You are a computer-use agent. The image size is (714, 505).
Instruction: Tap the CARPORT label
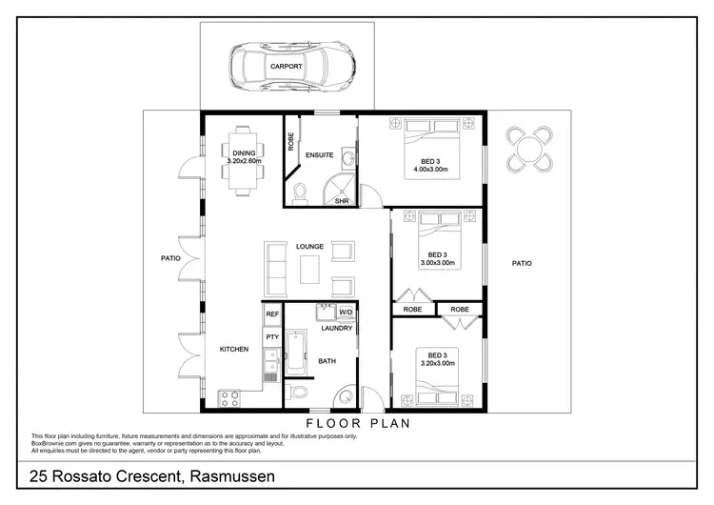click(288, 67)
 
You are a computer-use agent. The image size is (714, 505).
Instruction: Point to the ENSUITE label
click(319, 154)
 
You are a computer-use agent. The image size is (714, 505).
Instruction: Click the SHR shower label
click(342, 201)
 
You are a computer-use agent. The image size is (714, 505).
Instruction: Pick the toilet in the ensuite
click(301, 193)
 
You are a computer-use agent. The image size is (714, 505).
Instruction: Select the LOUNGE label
click(310, 247)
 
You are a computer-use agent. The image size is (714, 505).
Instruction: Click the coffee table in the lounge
click(310, 271)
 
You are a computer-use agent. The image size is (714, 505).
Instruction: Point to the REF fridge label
click(271, 313)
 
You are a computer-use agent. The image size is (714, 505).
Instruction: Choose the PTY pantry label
click(271, 336)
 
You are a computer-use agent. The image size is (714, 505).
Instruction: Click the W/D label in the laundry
click(346, 313)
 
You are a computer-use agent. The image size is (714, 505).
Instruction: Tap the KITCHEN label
click(234, 350)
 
